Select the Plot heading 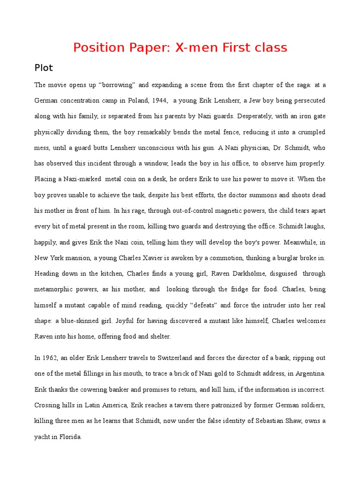(44, 68)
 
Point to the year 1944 (154, 101)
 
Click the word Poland (130, 101)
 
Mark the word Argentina (307, 374)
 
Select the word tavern (185, 405)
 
